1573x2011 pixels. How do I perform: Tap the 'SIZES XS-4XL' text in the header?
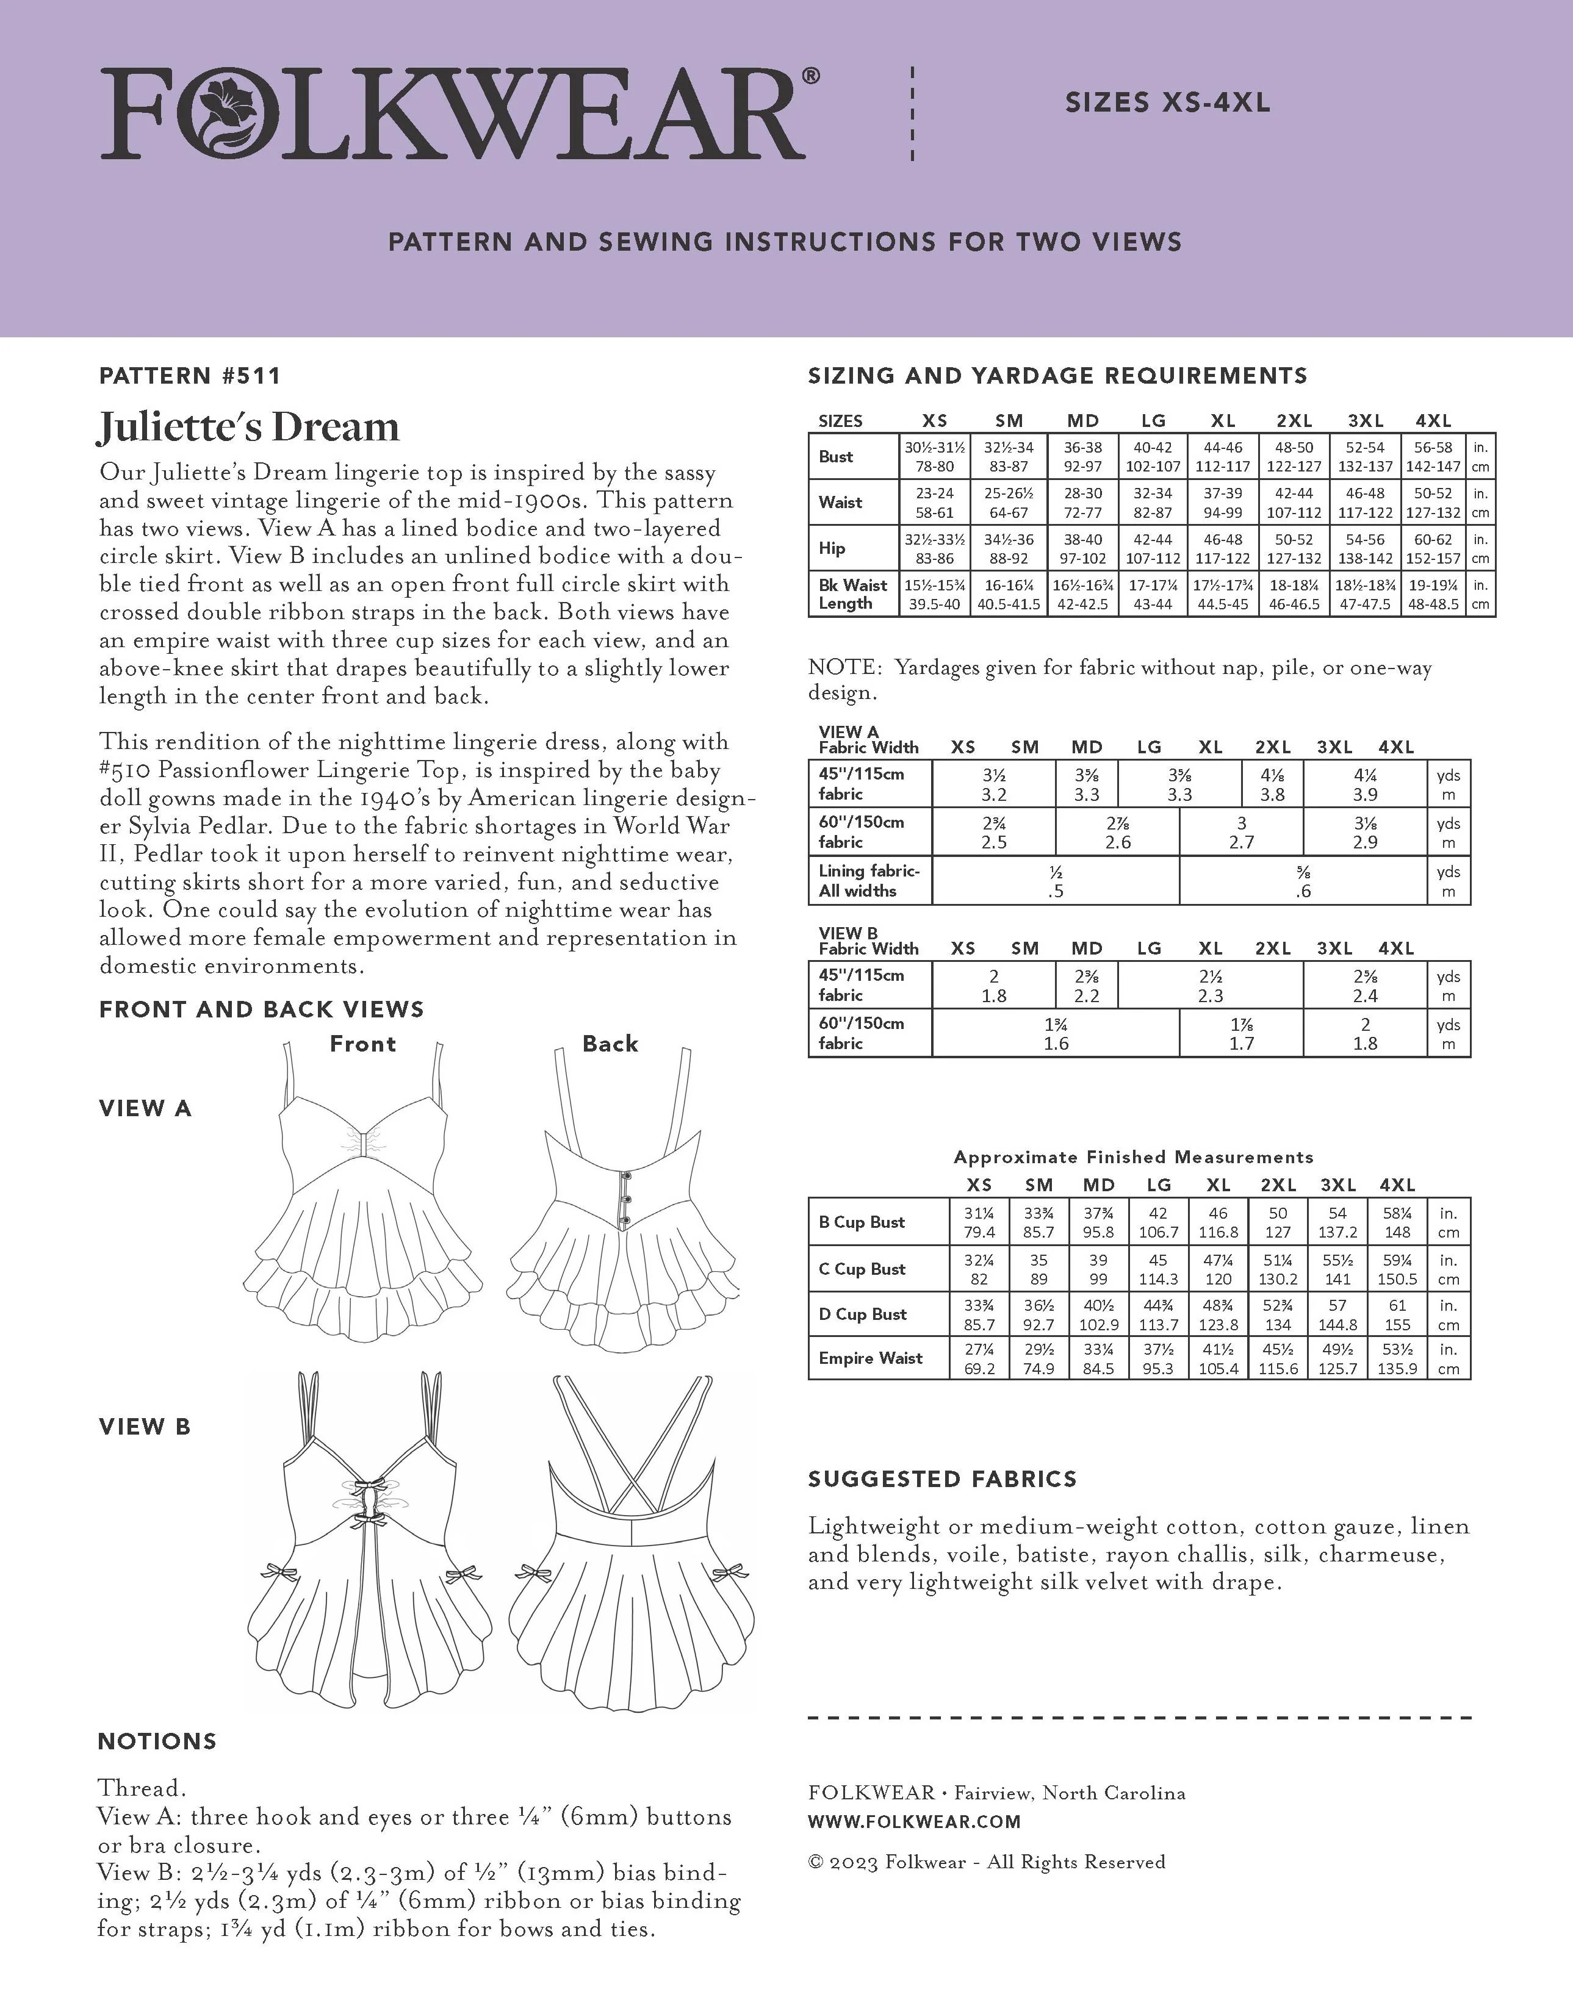pos(1167,103)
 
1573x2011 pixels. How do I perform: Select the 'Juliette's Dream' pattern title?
pos(249,427)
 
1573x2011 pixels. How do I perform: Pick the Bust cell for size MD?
pos(1082,457)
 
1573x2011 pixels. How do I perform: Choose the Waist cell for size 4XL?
pos(1433,503)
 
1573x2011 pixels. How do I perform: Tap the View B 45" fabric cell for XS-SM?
pos(994,985)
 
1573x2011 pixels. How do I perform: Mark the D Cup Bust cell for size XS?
pos(979,1315)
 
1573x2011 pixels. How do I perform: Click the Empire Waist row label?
pos(870,1358)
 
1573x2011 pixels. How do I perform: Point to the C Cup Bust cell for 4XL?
pos(1397,1269)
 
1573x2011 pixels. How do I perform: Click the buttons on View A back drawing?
pos(626,1197)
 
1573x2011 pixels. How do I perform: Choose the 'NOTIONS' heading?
pos(157,1741)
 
